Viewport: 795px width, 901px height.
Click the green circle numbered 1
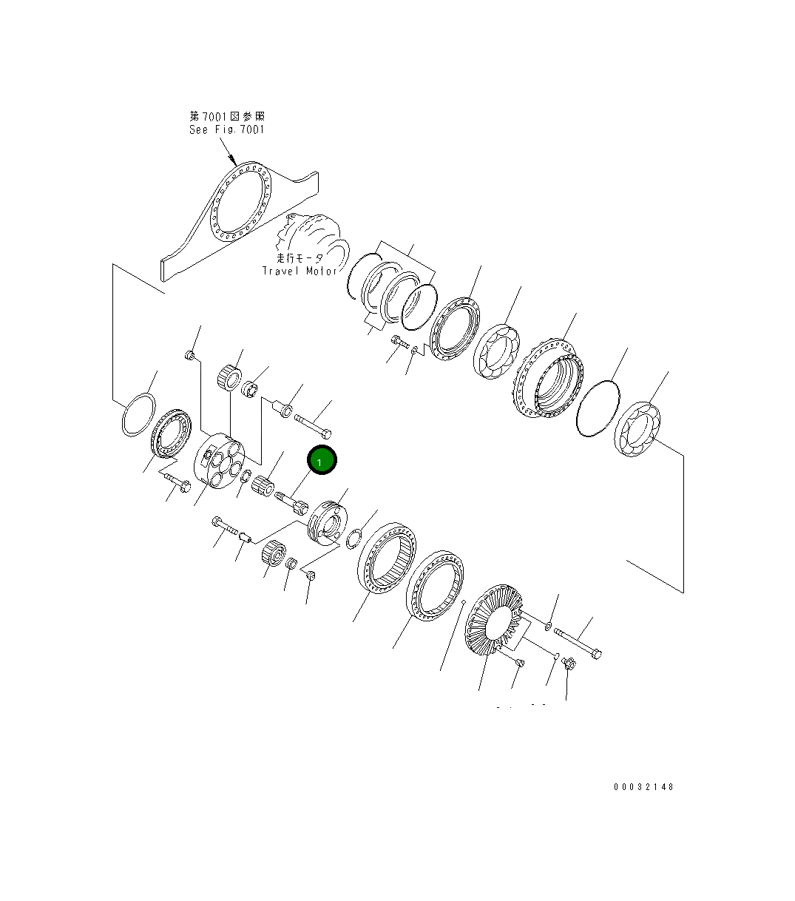point(322,460)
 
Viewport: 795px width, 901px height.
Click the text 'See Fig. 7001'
point(227,129)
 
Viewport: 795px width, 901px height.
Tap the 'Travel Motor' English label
point(300,271)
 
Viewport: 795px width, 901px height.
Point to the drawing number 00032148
point(643,786)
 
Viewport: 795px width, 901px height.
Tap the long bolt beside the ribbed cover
point(577,643)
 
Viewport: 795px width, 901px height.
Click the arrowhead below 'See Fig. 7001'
point(231,159)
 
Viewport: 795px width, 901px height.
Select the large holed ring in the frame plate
point(240,201)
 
